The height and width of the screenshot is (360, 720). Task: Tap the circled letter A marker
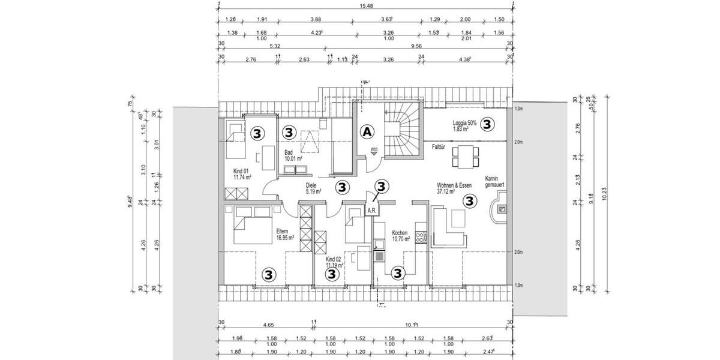point(367,131)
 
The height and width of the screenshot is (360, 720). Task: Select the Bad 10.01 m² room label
point(293,156)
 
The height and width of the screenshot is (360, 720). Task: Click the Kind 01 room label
point(242,174)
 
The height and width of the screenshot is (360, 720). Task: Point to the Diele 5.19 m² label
point(312,188)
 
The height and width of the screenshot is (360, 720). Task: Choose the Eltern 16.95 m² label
point(285,235)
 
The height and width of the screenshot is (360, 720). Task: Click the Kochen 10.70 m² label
point(400,236)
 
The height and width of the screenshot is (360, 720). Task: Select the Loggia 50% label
point(464,126)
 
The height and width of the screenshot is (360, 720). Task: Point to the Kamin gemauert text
point(495,183)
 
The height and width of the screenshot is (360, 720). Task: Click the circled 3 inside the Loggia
point(487,124)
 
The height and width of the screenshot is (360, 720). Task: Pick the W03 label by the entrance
point(373,149)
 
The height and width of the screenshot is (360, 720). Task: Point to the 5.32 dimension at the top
point(275,45)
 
